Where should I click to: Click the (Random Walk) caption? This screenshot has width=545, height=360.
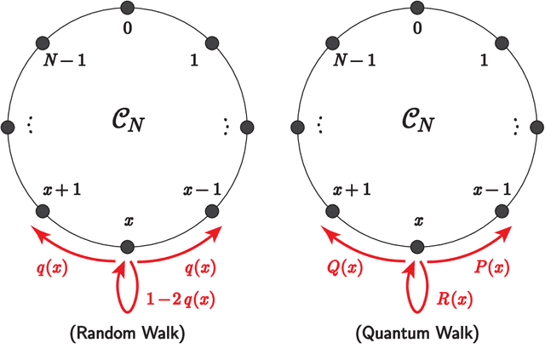tap(128, 334)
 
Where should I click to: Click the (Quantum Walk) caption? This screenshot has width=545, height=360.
tap(416, 334)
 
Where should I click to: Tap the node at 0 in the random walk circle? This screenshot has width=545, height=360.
tap(128, 9)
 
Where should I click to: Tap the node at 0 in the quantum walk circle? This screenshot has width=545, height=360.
tap(416, 9)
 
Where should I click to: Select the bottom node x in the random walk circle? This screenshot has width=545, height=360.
tap(128, 247)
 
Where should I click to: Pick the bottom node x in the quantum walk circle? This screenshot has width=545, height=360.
tap(416, 247)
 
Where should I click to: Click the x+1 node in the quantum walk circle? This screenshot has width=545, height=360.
tap(332, 211)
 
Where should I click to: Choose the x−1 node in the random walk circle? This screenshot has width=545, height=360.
tap(212, 211)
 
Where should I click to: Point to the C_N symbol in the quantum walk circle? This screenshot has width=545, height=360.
tap(417, 124)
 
